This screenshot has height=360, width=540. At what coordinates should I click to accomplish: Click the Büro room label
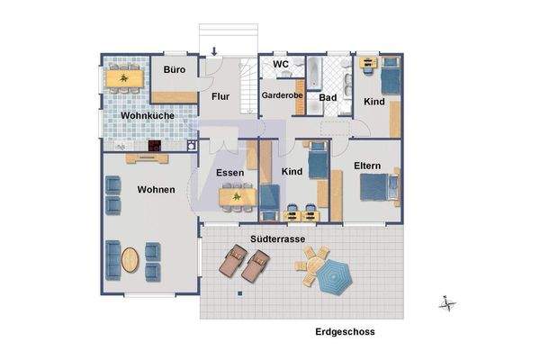[174, 69]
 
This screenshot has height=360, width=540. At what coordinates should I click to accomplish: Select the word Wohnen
[156, 190]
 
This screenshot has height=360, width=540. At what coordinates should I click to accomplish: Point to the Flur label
[222, 95]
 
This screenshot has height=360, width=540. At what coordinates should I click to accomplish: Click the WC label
[280, 65]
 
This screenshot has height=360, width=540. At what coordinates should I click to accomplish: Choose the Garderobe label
[281, 94]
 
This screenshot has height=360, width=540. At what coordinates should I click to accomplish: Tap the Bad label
[328, 97]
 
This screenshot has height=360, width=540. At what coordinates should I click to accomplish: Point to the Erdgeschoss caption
[345, 332]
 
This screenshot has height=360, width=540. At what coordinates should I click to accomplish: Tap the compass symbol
[446, 304]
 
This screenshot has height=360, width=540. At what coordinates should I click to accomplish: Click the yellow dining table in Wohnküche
[123, 79]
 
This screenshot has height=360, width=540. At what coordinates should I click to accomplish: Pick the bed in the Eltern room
[376, 188]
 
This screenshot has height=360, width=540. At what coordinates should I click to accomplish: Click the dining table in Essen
[237, 195]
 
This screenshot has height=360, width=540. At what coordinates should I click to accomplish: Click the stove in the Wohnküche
[155, 144]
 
